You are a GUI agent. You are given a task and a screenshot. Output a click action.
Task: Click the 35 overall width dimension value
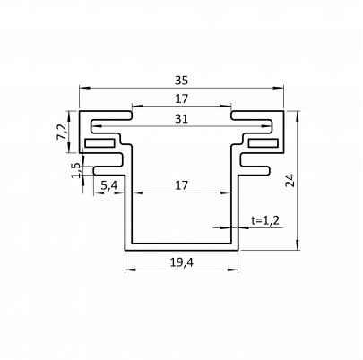[181, 81]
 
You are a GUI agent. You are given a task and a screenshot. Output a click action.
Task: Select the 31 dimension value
[181, 119]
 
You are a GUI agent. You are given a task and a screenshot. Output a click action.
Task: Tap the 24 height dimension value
[290, 180]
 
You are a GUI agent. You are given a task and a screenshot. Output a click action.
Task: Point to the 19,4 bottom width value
[182, 262]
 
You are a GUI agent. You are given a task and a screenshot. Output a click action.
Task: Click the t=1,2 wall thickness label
[265, 220]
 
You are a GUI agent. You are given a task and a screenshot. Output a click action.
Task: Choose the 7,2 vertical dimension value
[62, 132]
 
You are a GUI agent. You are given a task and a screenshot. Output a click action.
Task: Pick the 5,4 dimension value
[108, 185]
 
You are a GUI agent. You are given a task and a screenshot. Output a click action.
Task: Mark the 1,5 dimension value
[76, 170]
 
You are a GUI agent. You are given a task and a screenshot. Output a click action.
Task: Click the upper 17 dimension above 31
[181, 99]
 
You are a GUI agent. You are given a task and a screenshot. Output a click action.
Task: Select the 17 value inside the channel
[181, 185]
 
